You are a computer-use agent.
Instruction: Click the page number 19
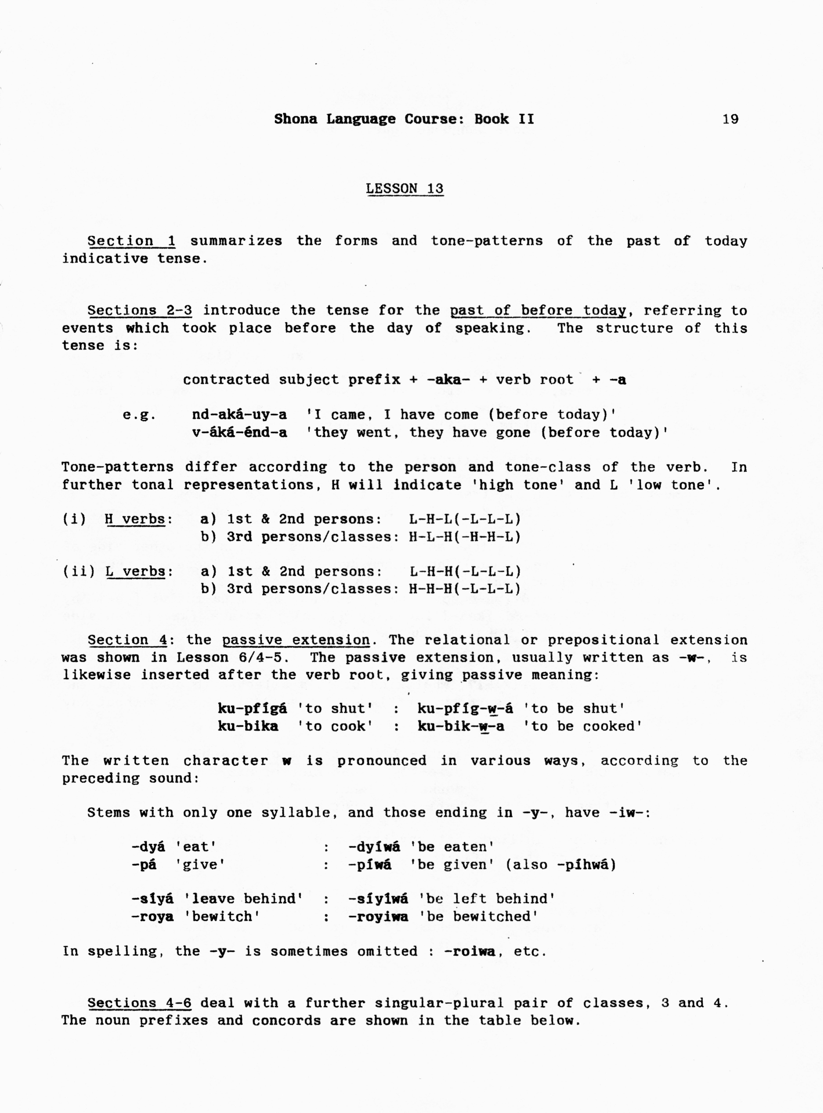tap(730, 119)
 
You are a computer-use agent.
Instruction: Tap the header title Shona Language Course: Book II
tap(404, 119)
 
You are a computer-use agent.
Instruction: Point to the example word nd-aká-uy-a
tap(239, 415)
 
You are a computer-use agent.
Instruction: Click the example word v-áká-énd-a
tap(239, 432)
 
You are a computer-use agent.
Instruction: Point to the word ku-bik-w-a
tap(460, 726)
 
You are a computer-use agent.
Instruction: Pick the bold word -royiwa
tap(378, 917)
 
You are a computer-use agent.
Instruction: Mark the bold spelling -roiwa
tap(469, 952)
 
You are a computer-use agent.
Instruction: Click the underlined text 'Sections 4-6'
tap(139, 1003)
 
